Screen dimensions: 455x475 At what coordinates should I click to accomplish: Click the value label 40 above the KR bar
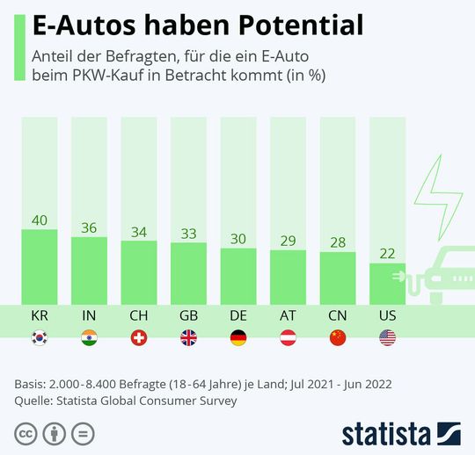tap(39, 220)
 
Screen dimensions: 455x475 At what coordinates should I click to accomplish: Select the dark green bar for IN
tap(89, 270)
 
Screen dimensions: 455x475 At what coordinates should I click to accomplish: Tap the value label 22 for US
tap(387, 253)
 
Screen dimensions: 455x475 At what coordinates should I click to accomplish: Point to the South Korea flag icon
tap(39, 337)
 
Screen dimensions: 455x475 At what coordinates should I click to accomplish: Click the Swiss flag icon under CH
tap(138, 337)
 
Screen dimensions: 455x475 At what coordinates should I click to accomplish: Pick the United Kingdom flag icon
tap(188, 337)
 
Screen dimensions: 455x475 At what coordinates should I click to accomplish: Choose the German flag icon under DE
tap(237, 337)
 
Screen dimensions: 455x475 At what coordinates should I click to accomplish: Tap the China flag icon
tap(337, 337)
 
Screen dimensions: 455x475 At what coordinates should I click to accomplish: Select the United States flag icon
tap(387, 337)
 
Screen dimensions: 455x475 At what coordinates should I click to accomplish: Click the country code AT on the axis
tap(288, 314)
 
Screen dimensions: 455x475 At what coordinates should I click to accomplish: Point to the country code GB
tap(188, 314)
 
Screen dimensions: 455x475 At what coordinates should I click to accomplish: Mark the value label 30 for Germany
tap(237, 238)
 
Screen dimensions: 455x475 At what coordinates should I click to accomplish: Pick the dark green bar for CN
tap(337, 278)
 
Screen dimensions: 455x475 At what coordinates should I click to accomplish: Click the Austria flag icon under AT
tap(288, 337)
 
